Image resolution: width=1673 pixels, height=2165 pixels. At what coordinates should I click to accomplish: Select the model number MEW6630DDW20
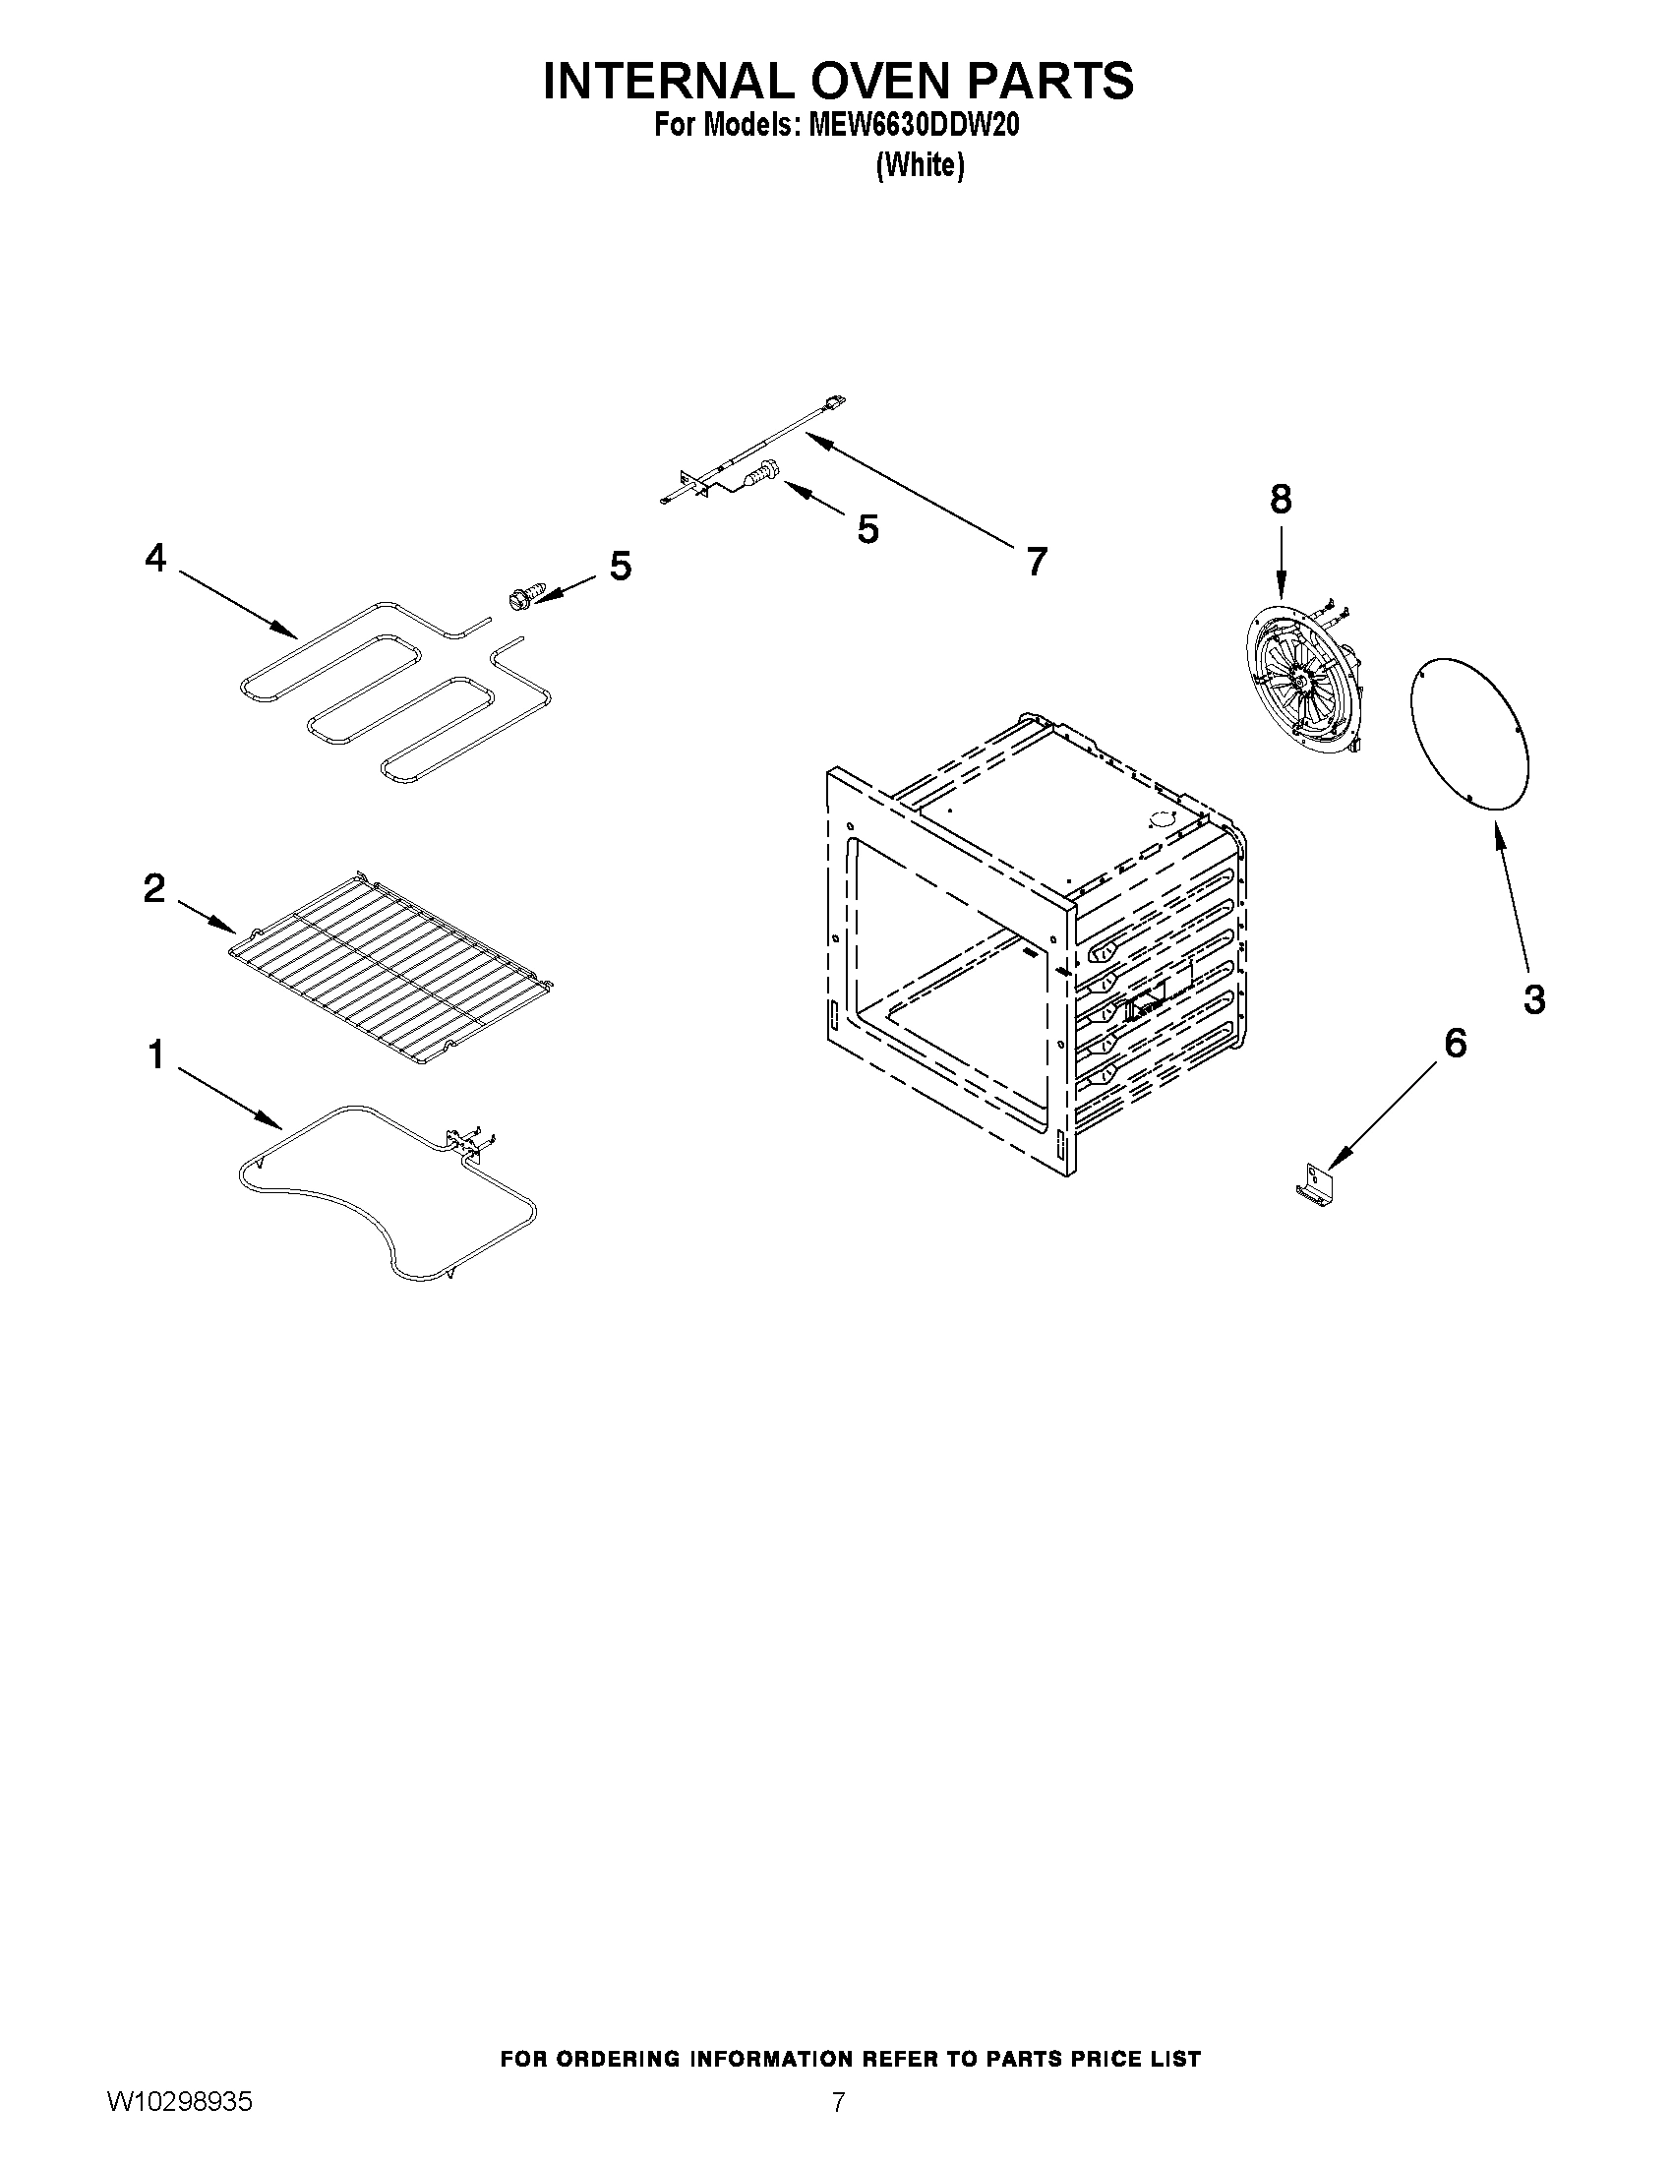(913, 126)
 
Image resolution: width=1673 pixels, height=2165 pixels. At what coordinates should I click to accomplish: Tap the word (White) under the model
(920, 164)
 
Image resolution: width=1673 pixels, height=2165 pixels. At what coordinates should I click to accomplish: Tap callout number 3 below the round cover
(1534, 998)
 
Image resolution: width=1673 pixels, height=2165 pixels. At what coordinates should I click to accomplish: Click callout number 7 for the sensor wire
(1037, 561)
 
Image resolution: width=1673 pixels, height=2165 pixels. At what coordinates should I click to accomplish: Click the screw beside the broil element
(522, 597)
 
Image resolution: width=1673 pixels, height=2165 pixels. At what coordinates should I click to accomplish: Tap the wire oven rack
(389, 968)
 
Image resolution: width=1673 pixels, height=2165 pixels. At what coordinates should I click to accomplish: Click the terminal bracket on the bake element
(467, 1141)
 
